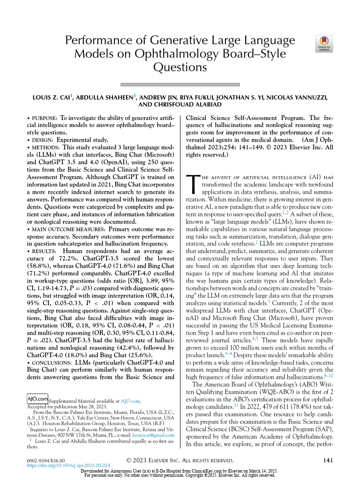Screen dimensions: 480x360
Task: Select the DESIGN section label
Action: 41,140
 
